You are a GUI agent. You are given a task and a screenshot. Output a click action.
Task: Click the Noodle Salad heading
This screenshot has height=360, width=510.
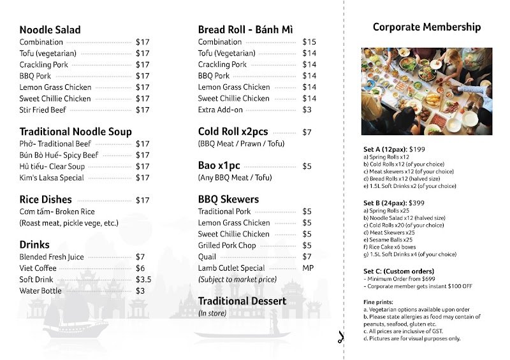click(50, 30)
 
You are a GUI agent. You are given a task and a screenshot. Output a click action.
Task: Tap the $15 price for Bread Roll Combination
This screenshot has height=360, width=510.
click(309, 42)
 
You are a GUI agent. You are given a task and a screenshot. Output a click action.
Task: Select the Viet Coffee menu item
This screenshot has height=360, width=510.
click(38, 268)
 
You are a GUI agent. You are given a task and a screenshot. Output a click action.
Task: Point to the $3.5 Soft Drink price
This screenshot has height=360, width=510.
click(143, 280)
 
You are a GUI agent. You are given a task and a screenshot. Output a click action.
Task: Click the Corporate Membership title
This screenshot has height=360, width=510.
click(426, 27)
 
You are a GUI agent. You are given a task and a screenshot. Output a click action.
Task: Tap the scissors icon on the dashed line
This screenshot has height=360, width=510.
click(342, 338)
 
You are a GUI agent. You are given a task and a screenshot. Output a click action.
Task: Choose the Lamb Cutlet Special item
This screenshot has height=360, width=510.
click(231, 268)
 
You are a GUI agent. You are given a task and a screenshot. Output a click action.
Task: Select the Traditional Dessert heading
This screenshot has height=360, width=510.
click(240, 301)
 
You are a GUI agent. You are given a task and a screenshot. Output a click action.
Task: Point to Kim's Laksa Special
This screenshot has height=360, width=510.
click(52, 178)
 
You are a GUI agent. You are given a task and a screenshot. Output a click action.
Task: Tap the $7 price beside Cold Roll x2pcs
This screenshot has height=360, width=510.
click(307, 133)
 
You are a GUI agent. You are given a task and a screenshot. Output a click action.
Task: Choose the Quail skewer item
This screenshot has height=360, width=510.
click(207, 257)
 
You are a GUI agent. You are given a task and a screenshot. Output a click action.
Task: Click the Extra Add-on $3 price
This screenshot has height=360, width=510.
click(307, 110)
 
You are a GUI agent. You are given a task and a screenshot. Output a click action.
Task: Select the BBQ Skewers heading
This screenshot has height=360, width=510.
click(228, 199)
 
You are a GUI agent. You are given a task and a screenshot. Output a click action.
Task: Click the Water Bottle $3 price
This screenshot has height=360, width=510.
click(140, 291)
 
